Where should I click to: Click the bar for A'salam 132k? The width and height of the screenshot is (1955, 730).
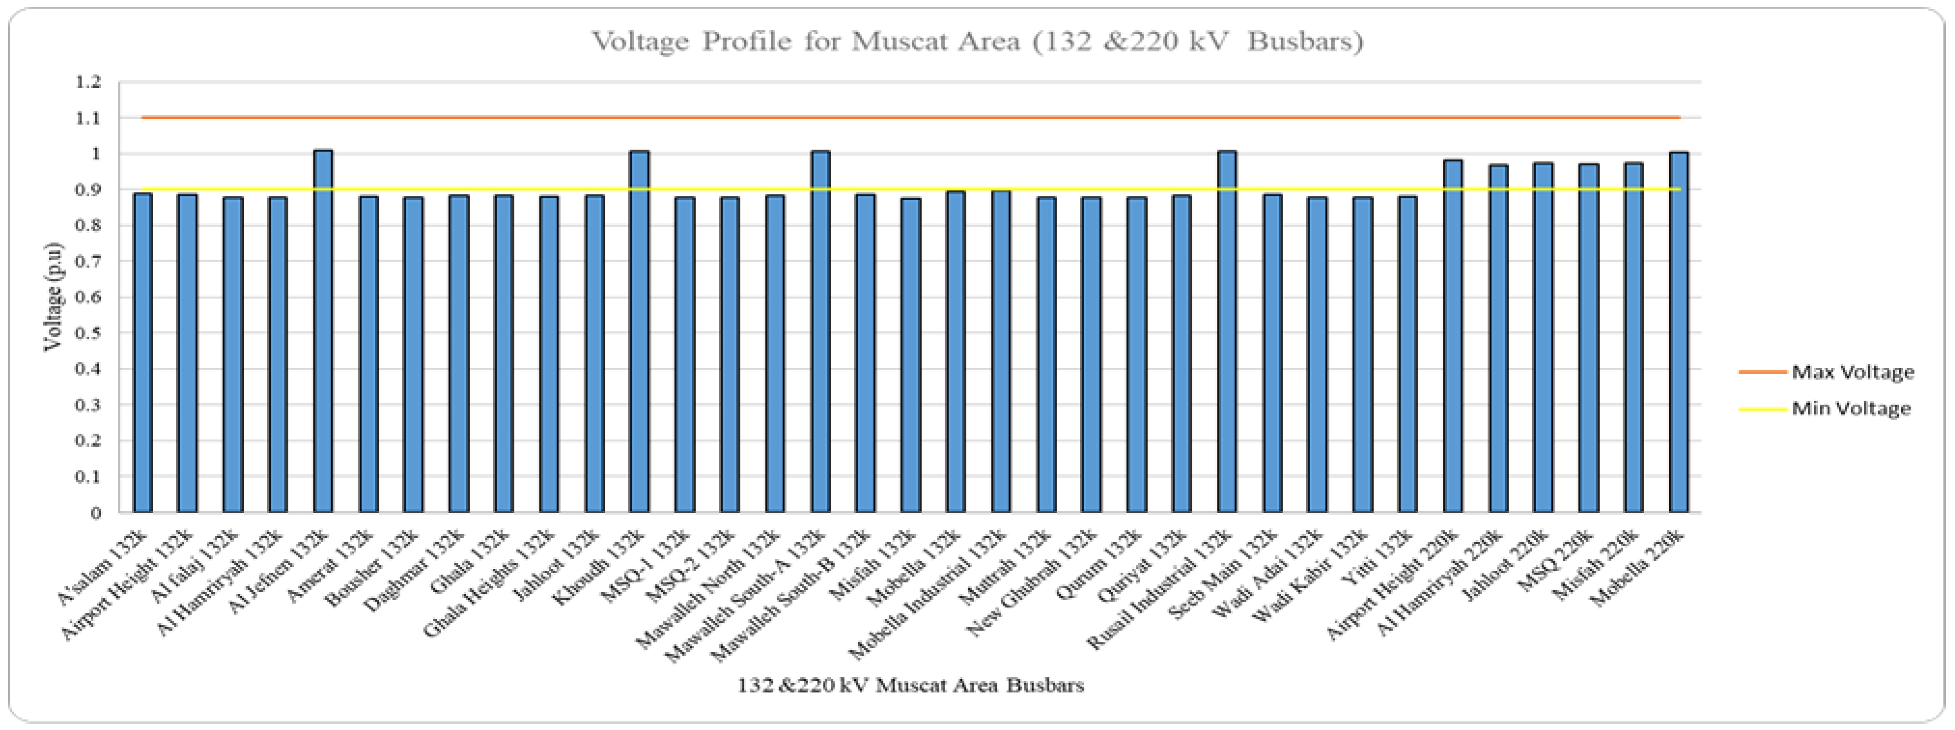(x=143, y=353)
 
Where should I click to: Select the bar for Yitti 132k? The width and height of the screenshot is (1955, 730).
(x=1408, y=354)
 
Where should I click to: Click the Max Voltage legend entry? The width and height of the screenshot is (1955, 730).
(x=1852, y=372)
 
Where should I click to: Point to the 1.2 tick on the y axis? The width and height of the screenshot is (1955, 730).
(x=88, y=82)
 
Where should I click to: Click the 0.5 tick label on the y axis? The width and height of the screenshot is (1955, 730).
(x=88, y=333)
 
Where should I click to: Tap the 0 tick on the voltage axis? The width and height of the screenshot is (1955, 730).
(x=96, y=513)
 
